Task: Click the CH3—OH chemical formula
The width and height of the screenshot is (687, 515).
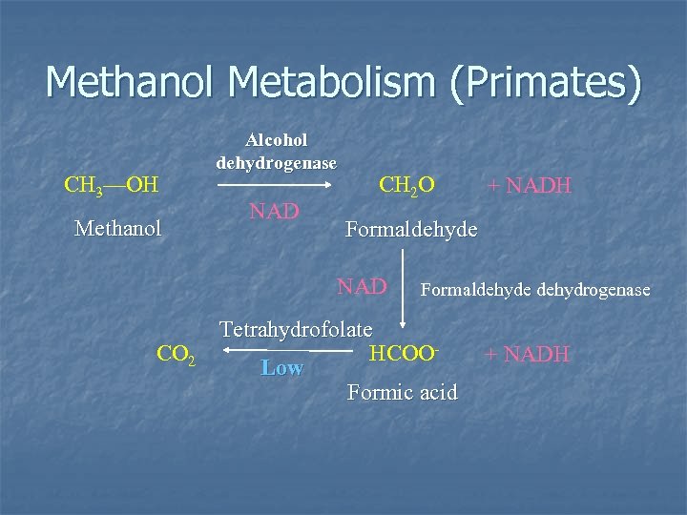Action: pyautogui.click(x=111, y=182)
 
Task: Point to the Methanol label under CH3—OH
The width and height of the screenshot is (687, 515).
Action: pyautogui.click(x=118, y=228)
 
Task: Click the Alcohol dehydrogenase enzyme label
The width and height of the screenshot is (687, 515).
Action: pyautogui.click(x=276, y=151)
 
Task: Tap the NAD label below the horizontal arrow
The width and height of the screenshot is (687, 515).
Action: pyautogui.click(x=274, y=211)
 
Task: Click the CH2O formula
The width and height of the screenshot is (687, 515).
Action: pyautogui.click(x=407, y=182)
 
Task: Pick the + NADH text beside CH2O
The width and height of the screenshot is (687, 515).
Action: pyautogui.click(x=530, y=185)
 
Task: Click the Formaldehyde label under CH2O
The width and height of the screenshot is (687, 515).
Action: pyautogui.click(x=411, y=230)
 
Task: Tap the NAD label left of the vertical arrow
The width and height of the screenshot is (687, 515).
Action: pyautogui.click(x=361, y=286)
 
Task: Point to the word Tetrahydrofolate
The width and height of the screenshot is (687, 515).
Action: pyautogui.click(x=296, y=330)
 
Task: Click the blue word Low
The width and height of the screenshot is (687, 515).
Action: pyautogui.click(x=281, y=368)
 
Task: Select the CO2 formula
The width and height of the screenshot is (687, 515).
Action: pyautogui.click(x=177, y=356)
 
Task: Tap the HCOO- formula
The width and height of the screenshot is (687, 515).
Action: pyautogui.click(x=404, y=353)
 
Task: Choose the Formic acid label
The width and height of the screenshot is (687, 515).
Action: pyautogui.click(x=403, y=392)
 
